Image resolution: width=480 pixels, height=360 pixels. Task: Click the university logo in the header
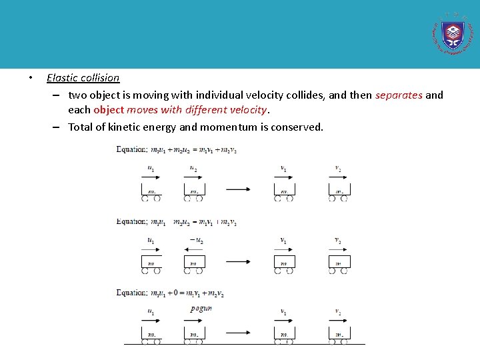pos(453,34)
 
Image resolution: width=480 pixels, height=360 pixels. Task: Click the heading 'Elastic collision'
pos(83,78)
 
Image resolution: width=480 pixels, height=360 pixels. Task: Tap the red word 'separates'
pos(399,95)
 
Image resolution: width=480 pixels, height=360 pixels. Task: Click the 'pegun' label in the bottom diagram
pos(201,309)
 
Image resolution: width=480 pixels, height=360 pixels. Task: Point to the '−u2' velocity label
pos(196,240)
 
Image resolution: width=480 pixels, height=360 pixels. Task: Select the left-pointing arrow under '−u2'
pos(194,249)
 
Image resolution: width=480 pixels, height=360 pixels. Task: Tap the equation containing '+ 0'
pos(170,293)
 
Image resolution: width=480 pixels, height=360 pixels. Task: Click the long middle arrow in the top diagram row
pos(238,189)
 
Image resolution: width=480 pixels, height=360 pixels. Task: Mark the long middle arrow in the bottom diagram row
pos(238,332)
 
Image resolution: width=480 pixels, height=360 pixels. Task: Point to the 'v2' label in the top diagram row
pos(339,169)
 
